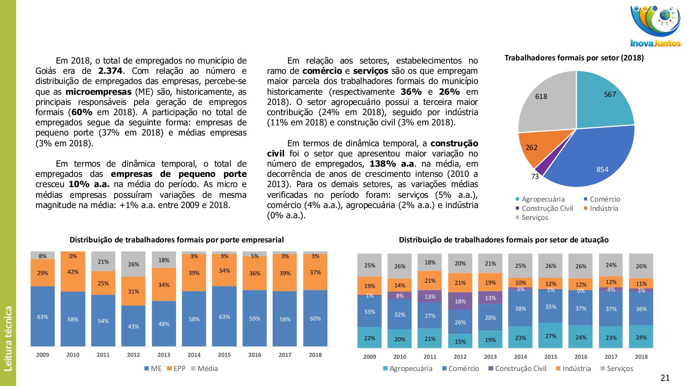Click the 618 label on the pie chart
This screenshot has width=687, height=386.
point(541,96)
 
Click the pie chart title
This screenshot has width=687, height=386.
point(574,58)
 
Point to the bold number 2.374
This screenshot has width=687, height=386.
point(110,71)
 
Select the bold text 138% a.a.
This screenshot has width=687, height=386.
point(392,164)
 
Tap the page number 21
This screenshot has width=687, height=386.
point(665,378)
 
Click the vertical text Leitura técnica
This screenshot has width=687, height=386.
point(8,338)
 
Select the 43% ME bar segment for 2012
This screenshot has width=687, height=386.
point(133,326)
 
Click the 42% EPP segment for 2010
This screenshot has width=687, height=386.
point(73,272)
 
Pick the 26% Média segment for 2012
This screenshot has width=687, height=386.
point(133,264)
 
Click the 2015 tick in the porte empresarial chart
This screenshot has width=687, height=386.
point(224,355)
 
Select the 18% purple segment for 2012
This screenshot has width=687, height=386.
point(460,301)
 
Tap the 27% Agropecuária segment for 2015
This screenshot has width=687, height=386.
point(551,336)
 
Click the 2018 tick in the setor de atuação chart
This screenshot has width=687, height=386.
point(641,357)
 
